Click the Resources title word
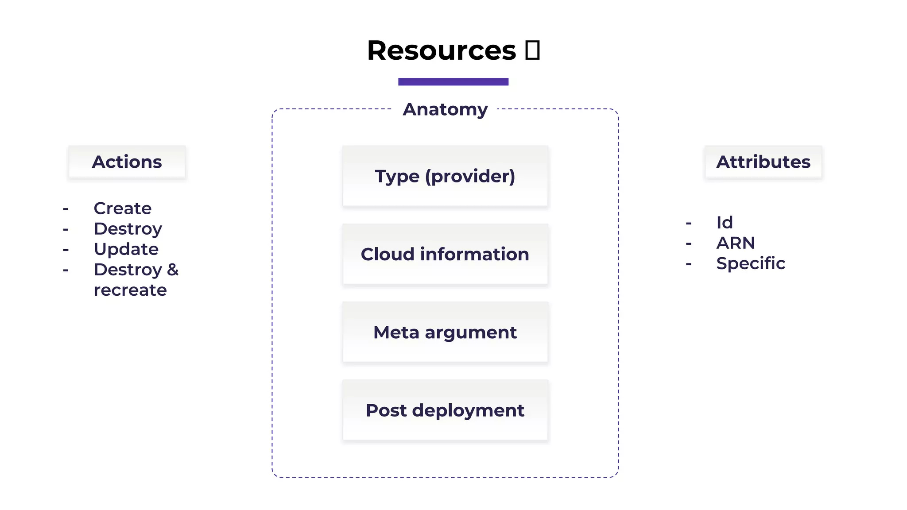pos(441,50)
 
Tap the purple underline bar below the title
pos(453,81)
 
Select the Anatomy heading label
pos(445,109)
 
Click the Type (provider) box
pos(445,176)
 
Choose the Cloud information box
pos(445,254)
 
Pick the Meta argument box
pos(445,332)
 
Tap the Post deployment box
pos(445,410)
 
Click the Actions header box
pos(127,162)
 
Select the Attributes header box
pos(763,162)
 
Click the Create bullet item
pos(123,209)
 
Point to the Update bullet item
pos(126,249)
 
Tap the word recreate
pos(130,290)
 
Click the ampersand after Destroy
pos(173,269)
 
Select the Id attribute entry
pos(725,223)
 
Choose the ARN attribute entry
pos(736,243)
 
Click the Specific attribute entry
pos(751,263)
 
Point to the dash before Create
pos(66,209)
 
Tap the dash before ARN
pos(688,243)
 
